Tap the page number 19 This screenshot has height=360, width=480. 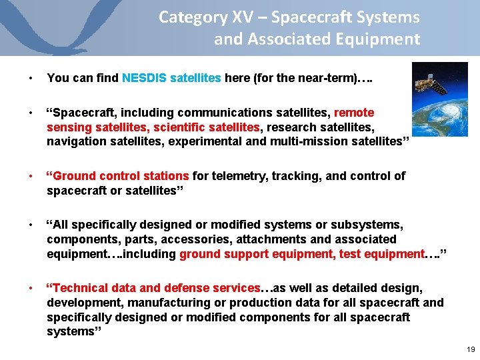coord(471,349)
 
